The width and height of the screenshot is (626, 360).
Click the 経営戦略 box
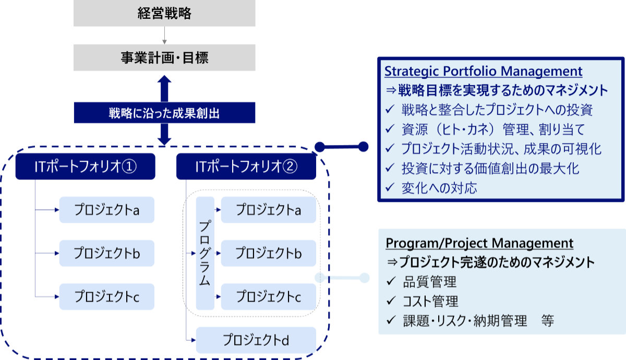coord(164,14)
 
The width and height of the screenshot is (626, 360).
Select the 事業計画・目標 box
coord(164,57)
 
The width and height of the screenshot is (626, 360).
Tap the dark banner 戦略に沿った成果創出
coord(164,112)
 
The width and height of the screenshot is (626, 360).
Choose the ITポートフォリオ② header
coord(246,166)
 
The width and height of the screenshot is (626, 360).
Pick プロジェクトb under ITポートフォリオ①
coord(107,254)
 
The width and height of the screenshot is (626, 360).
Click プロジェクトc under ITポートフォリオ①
coord(107,297)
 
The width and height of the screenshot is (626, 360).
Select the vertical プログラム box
coord(205,253)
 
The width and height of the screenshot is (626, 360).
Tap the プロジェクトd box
coord(256,340)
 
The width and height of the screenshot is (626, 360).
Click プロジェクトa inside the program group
coord(268,210)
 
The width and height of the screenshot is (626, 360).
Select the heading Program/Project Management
coord(479,243)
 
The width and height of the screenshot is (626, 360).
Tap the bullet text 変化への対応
coord(439,188)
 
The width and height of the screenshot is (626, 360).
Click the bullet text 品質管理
coord(429,282)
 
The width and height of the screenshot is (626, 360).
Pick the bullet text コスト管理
coord(430,302)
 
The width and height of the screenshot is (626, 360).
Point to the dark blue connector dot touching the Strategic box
coord(364,147)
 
